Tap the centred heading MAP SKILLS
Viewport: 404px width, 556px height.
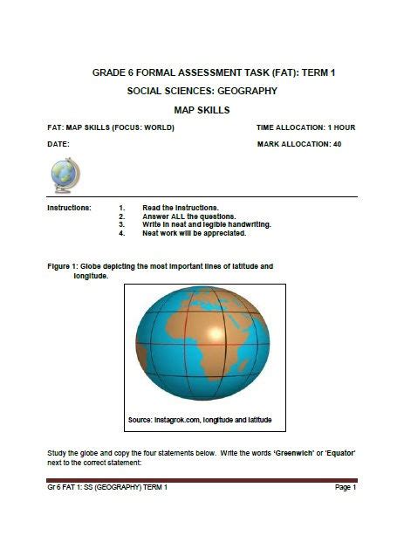pyautogui.click(x=202, y=111)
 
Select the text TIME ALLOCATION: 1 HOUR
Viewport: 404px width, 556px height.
pyautogui.click(x=305, y=127)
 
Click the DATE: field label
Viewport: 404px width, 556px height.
pyautogui.click(x=58, y=144)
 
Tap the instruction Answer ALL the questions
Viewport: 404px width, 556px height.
pyautogui.click(x=188, y=216)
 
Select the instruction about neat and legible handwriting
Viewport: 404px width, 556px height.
pyautogui.click(x=206, y=224)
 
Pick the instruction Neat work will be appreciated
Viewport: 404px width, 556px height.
pyautogui.click(x=194, y=233)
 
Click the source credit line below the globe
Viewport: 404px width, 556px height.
pyautogui.click(x=200, y=421)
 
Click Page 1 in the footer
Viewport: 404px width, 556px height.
pyautogui.click(x=346, y=487)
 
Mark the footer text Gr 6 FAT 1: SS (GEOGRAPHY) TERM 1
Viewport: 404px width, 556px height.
pyautogui.click(x=106, y=487)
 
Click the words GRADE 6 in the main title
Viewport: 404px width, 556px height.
pyautogui.click(x=115, y=72)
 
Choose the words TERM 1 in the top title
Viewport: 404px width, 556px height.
pyautogui.click(x=316, y=72)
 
